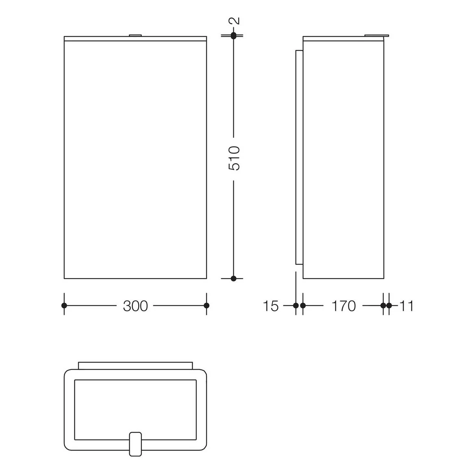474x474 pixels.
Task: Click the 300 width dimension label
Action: click(x=135, y=306)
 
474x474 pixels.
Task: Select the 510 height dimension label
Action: click(x=234, y=159)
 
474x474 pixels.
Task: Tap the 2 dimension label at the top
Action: click(x=234, y=21)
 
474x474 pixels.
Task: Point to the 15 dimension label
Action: click(x=271, y=306)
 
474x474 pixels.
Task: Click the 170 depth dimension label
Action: click(x=344, y=306)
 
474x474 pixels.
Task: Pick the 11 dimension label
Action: click(x=407, y=306)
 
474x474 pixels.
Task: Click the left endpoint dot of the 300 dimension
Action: click(x=64, y=306)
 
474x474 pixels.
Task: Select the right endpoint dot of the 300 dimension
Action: click(x=207, y=306)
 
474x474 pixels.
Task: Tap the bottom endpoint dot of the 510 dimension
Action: click(x=233, y=278)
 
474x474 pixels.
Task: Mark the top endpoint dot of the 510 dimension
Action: click(x=233, y=36)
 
